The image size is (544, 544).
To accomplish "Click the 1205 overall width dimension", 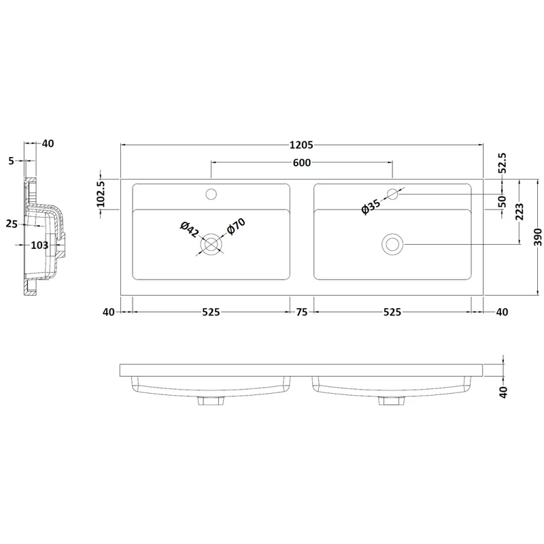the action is [301, 145].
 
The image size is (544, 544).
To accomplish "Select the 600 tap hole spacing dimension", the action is [302, 163].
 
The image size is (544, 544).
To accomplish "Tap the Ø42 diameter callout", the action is [189, 229].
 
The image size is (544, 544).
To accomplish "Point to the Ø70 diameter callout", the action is [236, 226].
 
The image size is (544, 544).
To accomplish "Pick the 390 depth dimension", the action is [537, 237].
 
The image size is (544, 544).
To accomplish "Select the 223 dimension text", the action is [520, 211].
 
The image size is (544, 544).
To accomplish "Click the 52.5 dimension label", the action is [503, 163].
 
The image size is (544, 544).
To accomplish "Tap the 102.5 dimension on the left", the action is [101, 194].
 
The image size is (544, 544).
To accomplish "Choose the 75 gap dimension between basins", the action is [301, 312].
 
